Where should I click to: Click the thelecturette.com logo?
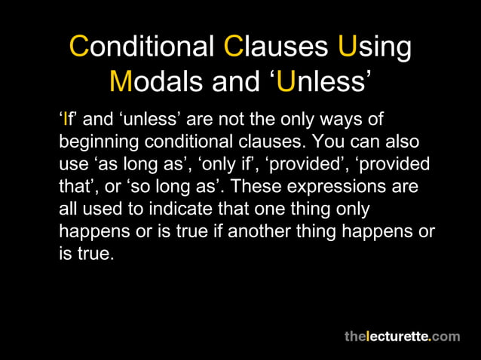pyautogui.click(x=402, y=337)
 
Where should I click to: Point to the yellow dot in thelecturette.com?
pyautogui.click(x=430, y=340)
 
